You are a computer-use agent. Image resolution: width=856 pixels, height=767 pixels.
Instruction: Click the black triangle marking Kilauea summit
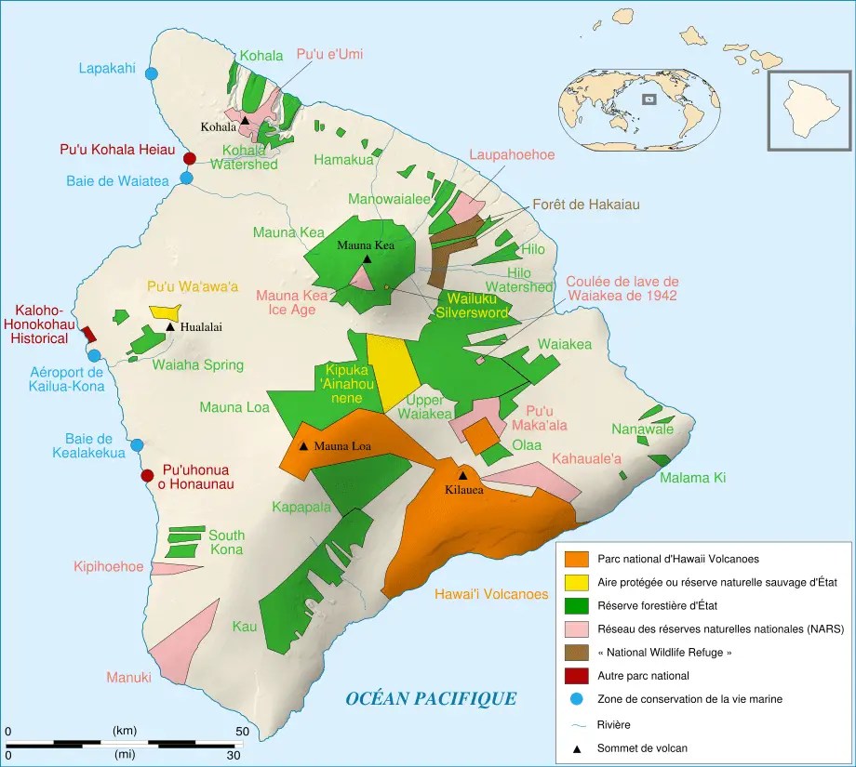[x=462, y=475]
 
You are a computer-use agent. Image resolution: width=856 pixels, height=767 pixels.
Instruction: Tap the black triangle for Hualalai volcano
[x=170, y=326]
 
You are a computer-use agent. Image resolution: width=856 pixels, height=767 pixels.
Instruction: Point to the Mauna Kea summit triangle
[x=367, y=259]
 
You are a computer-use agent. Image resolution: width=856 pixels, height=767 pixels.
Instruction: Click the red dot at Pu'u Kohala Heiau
[x=190, y=158]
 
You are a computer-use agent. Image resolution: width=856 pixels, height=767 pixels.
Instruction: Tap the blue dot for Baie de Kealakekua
[x=138, y=445]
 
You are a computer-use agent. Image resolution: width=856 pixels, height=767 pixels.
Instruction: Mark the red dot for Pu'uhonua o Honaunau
[x=147, y=476]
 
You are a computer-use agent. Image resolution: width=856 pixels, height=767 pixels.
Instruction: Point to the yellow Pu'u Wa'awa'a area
[x=165, y=312]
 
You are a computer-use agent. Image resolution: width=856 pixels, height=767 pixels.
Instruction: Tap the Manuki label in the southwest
[x=128, y=678]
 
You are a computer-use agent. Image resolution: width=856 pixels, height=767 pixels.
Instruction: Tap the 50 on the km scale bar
[x=241, y=732]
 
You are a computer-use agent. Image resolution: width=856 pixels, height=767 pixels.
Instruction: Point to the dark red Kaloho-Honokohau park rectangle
[x=89, y=335]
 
